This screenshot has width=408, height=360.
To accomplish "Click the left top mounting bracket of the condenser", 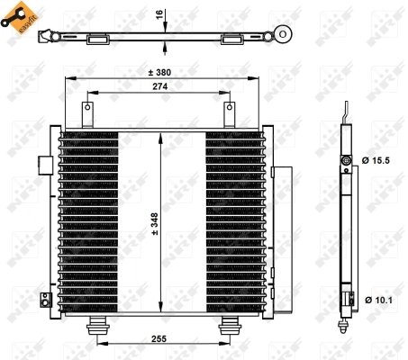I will [x=88, y=112].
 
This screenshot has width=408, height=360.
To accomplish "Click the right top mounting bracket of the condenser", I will [x=227, y=112].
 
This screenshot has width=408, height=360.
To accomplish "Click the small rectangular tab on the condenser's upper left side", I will [x=44, y=163].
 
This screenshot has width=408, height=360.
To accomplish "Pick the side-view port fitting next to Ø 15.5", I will [x=347, y=159].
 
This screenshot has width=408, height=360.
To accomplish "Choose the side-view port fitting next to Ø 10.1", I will [x=345, y=297].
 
